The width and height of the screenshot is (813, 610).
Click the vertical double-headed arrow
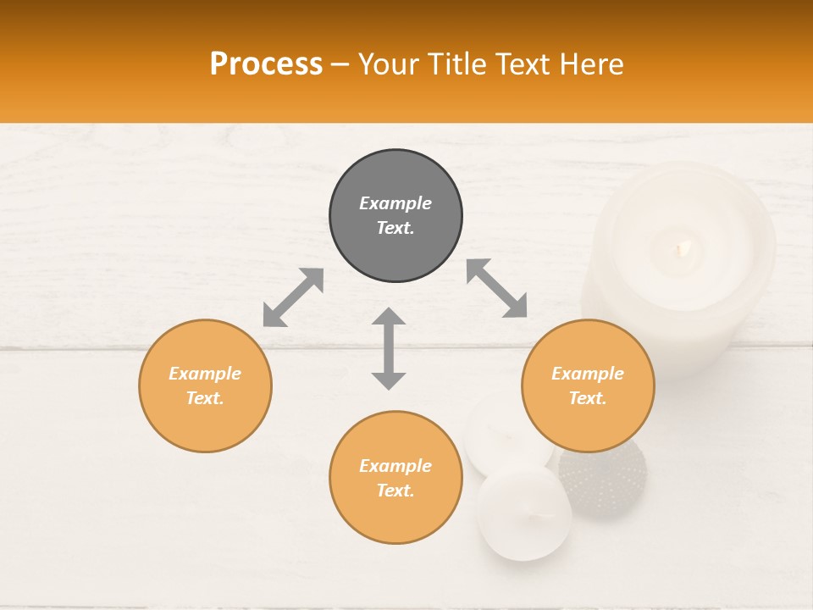tap(389, 349)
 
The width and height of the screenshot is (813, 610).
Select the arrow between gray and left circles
tap(293, 297)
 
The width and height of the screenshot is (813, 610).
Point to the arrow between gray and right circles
tap(497, 288)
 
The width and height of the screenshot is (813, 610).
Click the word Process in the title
tap(266, 64)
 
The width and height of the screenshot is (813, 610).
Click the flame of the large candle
tap(683, 247)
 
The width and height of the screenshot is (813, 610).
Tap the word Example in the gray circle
tap(395, 203)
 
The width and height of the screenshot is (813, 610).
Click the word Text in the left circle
tap(204, 398)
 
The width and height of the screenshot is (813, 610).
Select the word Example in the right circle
tap(588, 374)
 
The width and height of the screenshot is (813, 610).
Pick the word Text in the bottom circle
tap(395, 491)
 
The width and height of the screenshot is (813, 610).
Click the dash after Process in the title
tap(340, 64)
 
